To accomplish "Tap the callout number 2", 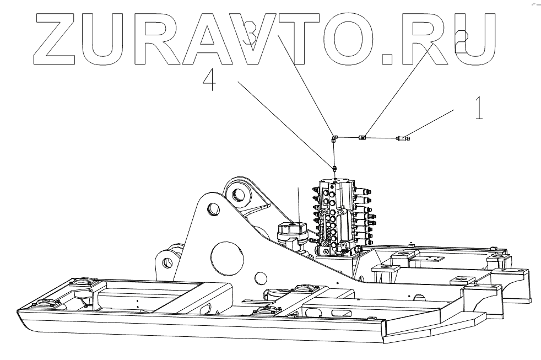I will point(462,36).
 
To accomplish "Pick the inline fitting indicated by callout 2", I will point(363,137).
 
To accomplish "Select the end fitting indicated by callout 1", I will point(401,138).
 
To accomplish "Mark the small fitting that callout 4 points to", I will point(334,167).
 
